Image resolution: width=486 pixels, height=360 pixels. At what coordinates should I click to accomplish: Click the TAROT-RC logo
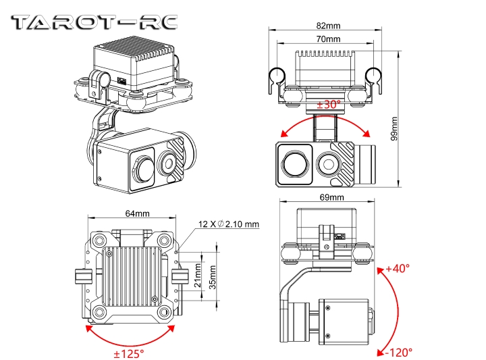click(x=95, y=22)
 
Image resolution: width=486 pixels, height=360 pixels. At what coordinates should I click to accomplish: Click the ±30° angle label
click(x=329, y=104)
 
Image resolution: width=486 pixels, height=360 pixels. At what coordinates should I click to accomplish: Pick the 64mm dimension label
click(x=137, y=213)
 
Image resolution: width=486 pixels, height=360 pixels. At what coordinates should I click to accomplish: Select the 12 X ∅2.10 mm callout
click(x=228, y=224)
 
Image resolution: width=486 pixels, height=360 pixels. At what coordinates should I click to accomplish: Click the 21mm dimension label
click(x=197, y=278)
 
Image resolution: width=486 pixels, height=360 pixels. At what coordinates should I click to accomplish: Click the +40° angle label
click(x=398, y=268)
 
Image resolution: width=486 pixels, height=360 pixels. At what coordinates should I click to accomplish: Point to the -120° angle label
click(x=398, y=351)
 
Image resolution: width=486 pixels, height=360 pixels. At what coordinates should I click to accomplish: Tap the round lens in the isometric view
click(x=167, y=160)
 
